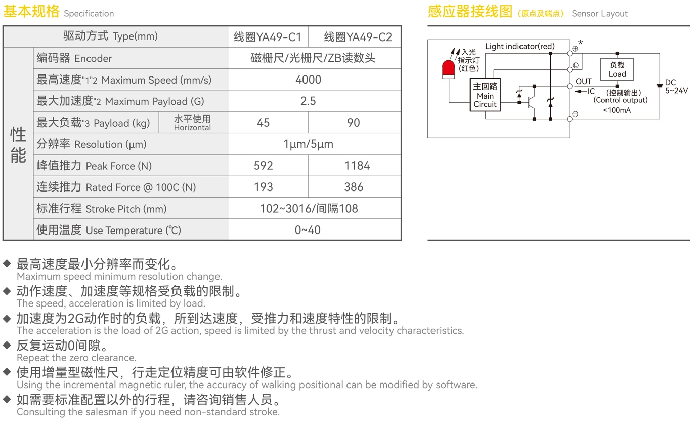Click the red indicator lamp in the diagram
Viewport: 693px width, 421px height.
coord(448,69)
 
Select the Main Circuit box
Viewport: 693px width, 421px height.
coord(485,95)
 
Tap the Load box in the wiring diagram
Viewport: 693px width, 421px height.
coord(617,69)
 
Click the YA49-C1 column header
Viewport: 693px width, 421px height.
coord(267,37)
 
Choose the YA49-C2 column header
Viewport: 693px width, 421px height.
coord(358,37)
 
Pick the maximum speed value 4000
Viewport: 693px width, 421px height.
coord(308,80)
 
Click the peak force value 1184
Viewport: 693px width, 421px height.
coord(357,166)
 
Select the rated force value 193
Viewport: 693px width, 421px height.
coord(263,187)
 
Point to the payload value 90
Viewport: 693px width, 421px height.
coord(353,123)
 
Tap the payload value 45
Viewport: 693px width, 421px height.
coord(263,123)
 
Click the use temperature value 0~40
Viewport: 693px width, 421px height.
coord(308,230)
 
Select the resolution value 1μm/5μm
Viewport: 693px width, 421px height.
coord(308,144)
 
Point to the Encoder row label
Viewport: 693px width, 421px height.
coord(74,58)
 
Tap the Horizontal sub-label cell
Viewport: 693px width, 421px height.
coord(192,123)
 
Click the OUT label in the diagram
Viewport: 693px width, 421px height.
coord(583,81)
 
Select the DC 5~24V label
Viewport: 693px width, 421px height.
coord(676,87)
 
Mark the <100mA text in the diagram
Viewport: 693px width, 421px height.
coord(617,110)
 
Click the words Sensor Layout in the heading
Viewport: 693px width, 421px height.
coord(599,14)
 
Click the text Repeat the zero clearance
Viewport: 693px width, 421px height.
coord(76,358)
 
